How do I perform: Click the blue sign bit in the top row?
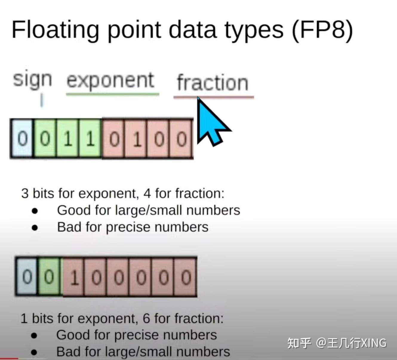click(x=22, y=139)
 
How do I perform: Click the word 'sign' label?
click(x=33, y=80)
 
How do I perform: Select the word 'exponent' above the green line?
click(x=110, y=81)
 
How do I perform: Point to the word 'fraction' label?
click(x=213, y=83)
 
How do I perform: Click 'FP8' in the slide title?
click(x=322, y=30)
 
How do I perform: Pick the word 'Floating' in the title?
click(x=55, y=30)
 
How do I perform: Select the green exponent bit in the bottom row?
click(x=49, y=277)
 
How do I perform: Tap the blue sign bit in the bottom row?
click(x=27, y=277)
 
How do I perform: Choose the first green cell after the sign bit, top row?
click(x=45, y=139)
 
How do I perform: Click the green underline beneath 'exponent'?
click(x=112, y=94)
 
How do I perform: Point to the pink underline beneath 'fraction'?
click(x=214, y=97)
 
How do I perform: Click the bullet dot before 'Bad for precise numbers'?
click(x=35, y=228)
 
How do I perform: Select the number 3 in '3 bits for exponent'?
click(x=25, y=193)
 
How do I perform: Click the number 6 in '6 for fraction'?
click(x=146, y=319)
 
